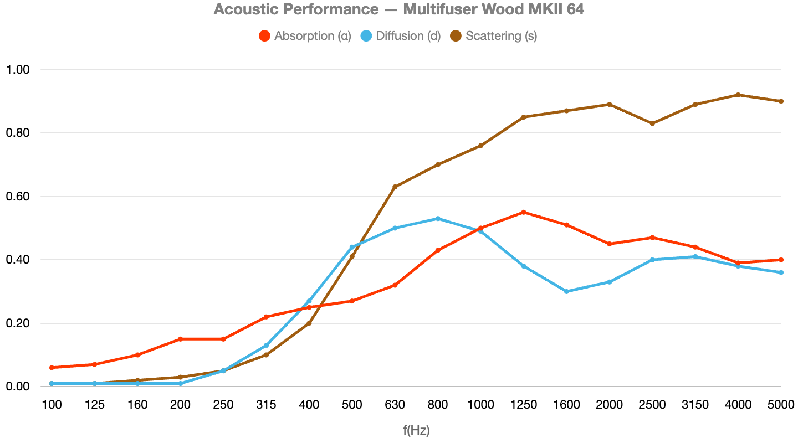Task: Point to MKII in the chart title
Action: pyautogui.click(x=546, y=9)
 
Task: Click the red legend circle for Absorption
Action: pyautogui.click(x=265, y=36)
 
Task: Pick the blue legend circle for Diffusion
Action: pyautogui.click(x=366, y=36)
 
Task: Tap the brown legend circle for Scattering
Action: pyautogui.click(x=456, y=36)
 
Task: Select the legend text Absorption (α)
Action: pyautogui.click(x=313, y=36)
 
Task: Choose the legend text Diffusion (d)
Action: pyautogui.click(x=408, y=36)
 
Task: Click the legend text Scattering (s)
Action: pyautogui.click(x=501, y=36)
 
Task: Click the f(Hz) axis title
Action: pyautogui.click(x=416, y=430)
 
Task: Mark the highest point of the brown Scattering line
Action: pyautogui.click(x=738, y=95)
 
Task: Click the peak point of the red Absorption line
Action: pyautogui.click(x=524, y=212)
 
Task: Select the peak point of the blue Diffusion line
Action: pyautogui.click(x=438, y=219)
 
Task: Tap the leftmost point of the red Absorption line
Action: pyautogui.click(x=52, y=367)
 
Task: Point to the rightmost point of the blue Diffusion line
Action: pyautogui.click(x=781, y=272)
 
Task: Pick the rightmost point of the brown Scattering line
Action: pyautogui.click(x=781, y=101)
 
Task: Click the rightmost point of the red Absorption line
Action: pyautogui.click(x=781, y=260)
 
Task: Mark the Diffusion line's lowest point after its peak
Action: pyautogui.click(x=566, y=291)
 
